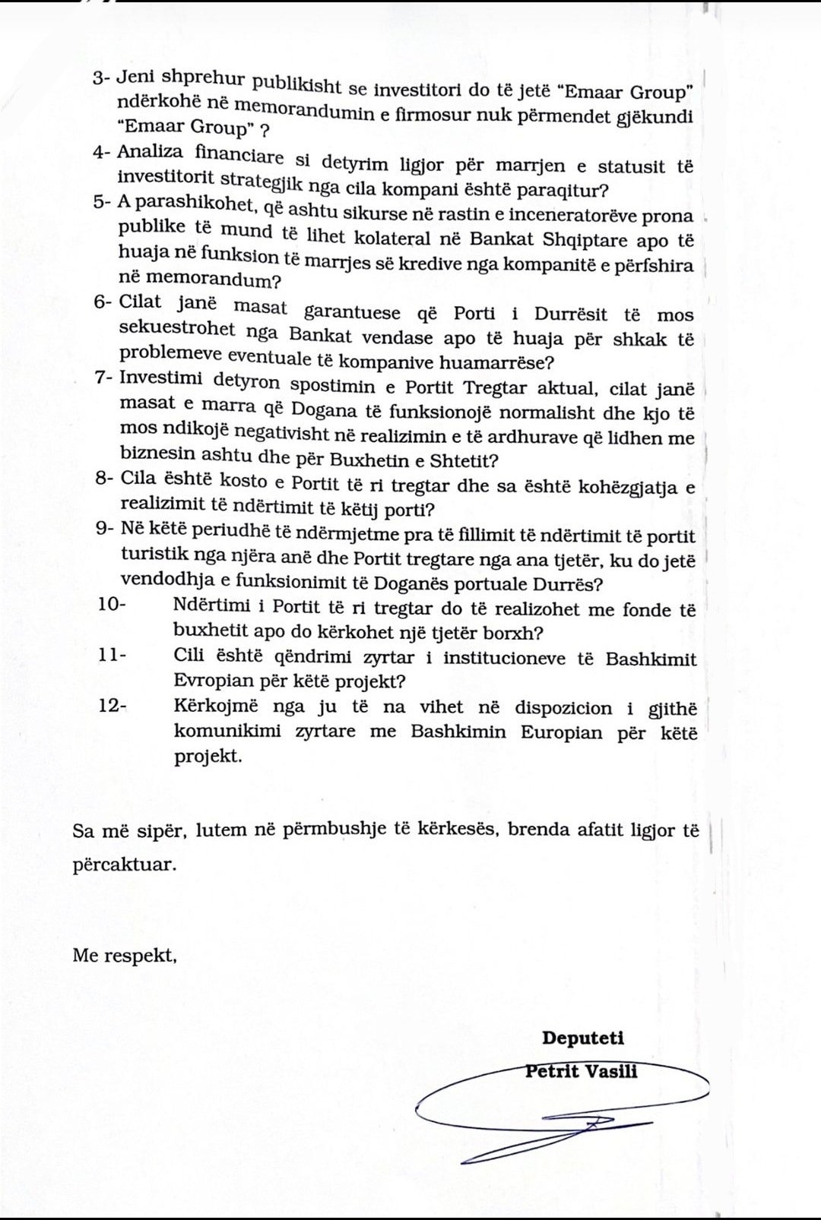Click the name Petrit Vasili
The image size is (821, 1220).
pos(581,1071)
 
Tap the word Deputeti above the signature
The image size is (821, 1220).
pos(582,1038)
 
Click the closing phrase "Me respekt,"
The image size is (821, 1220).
pos(125,955)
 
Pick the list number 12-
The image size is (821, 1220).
pos(113,705)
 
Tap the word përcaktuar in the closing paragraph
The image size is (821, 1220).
pos(123,864)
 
